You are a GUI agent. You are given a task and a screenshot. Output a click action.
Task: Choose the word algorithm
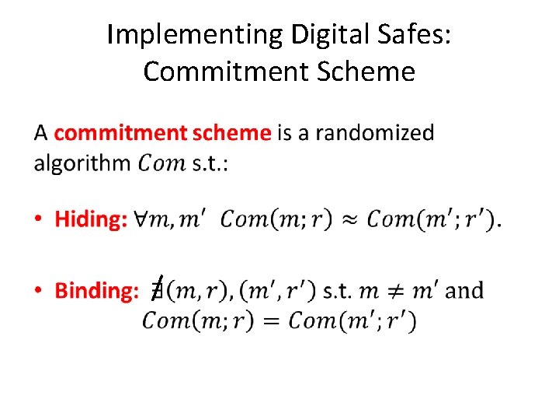tap(82, 164)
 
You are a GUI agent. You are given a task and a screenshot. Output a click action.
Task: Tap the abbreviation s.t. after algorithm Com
tap(210, 164)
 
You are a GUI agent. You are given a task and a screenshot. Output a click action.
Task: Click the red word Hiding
tap(90, 219)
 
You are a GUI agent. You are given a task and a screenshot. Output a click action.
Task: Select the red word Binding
tap(96, 291)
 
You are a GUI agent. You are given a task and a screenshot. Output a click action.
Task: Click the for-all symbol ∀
tap(140, 219)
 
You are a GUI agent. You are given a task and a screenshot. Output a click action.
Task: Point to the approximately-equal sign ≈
tap(351, 219)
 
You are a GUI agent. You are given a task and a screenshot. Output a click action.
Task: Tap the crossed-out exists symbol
tap(157, 290)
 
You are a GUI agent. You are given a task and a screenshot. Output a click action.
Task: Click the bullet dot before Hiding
tap(39, 220)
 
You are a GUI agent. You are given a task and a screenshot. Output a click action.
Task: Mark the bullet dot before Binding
tap(39, 292)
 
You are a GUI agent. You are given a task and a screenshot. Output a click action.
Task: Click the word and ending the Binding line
tap(465, 291)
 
